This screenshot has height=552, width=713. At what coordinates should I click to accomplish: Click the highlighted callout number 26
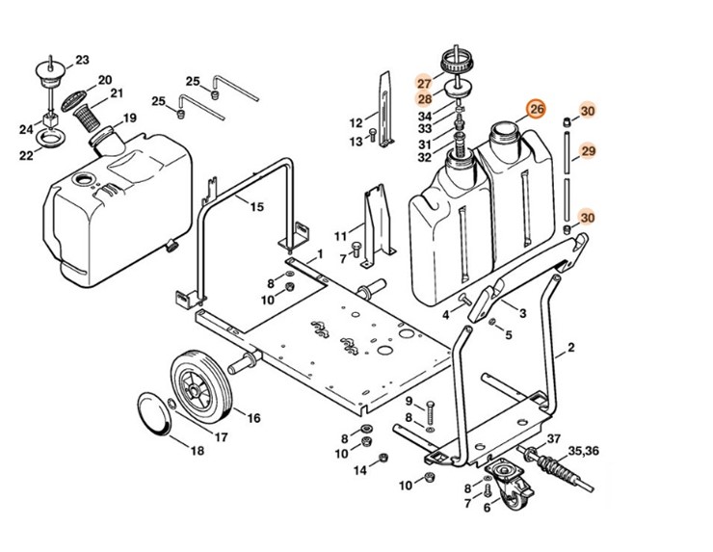click(537, 110)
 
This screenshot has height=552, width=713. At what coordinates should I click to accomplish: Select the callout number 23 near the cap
click(82, 60)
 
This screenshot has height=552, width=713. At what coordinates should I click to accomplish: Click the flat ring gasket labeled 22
click(50, 142)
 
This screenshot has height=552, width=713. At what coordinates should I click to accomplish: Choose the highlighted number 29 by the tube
click(588, 151)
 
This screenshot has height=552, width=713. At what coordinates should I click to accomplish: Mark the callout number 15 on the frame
click(256, 207)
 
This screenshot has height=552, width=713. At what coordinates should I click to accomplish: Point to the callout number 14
click(358, 470)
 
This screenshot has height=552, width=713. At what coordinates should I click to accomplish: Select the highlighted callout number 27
click(424, 83)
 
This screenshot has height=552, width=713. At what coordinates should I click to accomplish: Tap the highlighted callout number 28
click(424, 99)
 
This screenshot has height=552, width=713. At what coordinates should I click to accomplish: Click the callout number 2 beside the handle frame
click(570, 346)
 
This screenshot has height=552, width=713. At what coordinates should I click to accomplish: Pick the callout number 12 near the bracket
click(356, 123)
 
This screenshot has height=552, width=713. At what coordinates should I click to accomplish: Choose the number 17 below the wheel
click(221, 437)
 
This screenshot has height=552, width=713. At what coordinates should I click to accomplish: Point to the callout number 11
click(340, 236)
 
